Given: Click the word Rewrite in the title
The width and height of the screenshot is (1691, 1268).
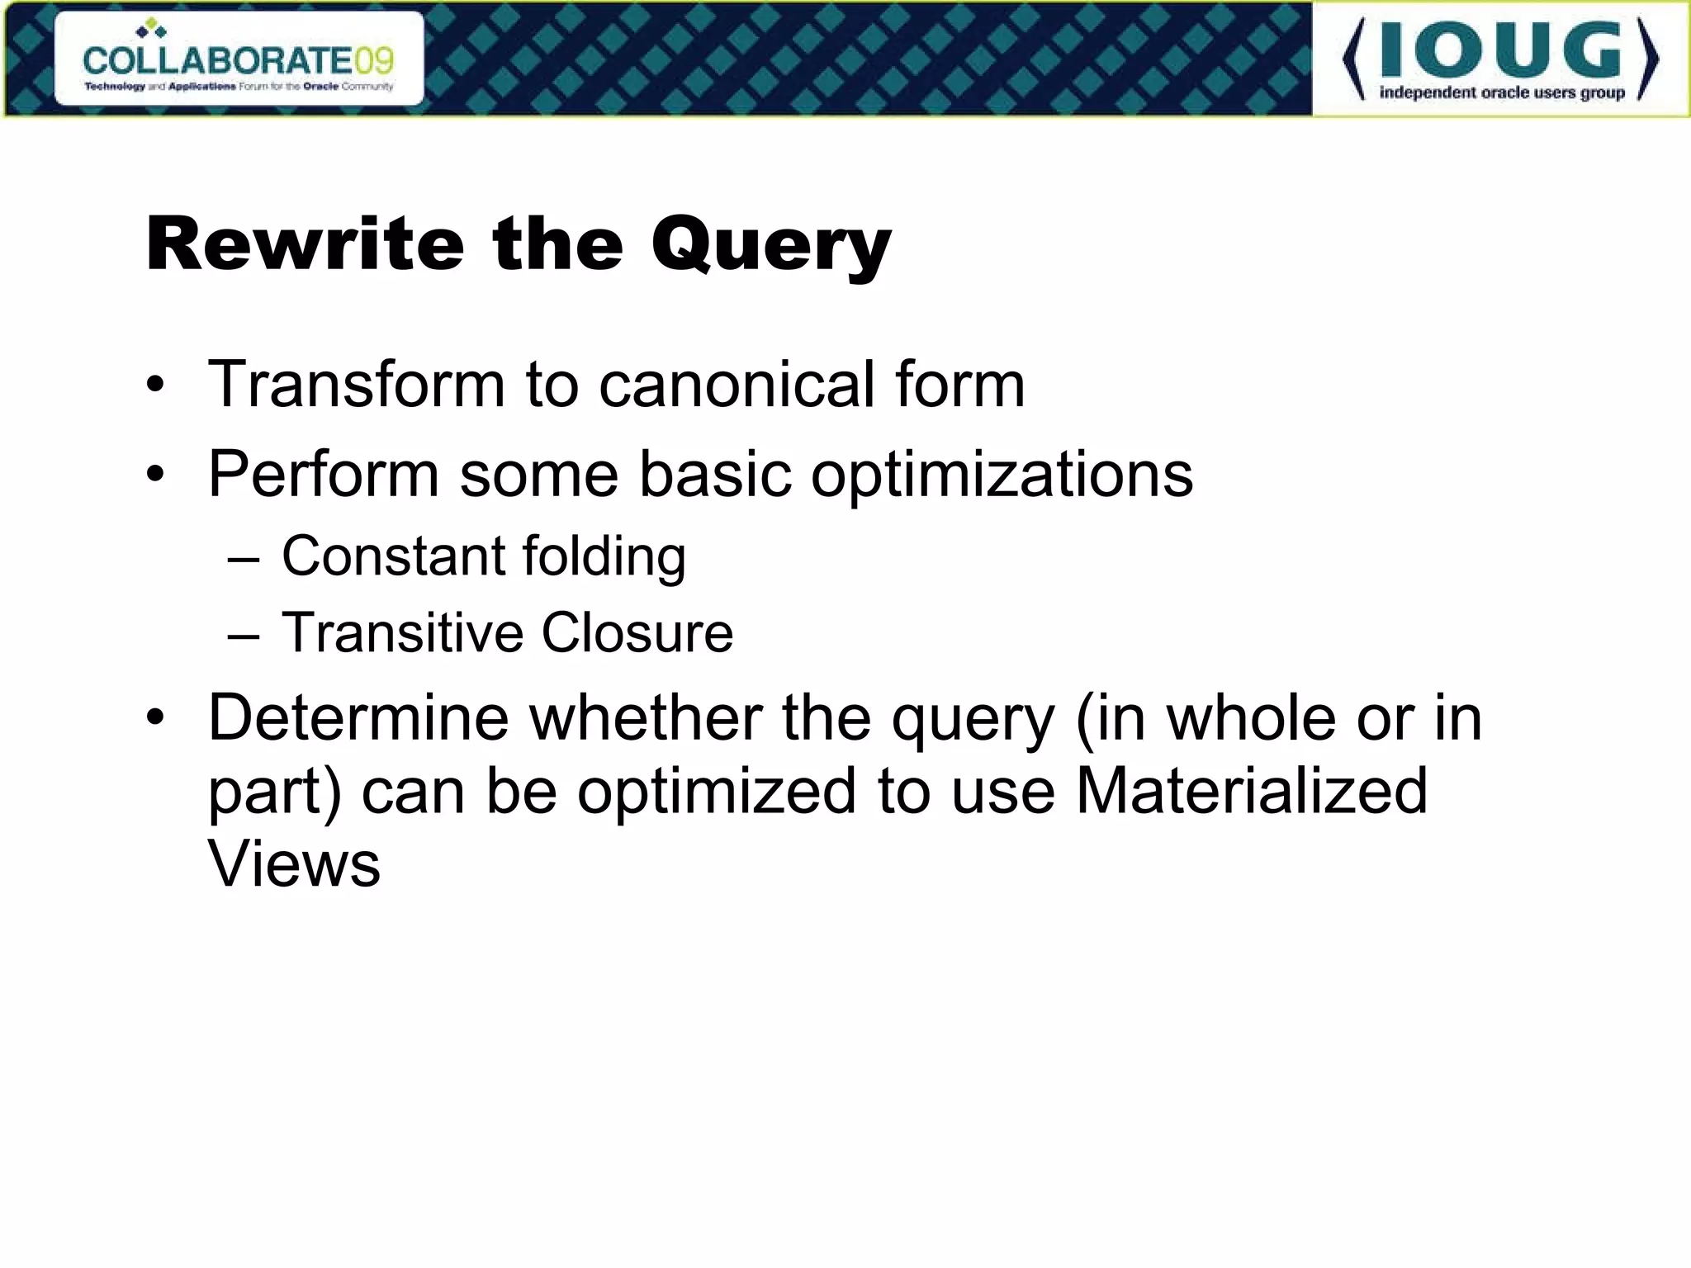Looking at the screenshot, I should point(305,244).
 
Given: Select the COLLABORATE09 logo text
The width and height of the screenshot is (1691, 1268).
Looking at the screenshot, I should point(239,60).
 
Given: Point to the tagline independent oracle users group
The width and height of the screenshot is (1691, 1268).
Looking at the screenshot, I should point(1501,92).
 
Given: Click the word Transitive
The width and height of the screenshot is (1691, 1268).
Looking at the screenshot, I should point(402,632).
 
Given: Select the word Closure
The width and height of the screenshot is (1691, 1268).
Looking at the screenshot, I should point(637,632).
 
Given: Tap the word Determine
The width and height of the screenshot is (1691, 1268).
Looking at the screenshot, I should point(358,717).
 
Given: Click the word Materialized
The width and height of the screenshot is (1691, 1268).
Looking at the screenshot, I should point(1251,791).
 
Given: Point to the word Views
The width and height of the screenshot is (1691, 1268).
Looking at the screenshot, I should point(294,864).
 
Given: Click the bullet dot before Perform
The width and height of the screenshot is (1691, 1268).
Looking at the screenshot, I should point(155,475).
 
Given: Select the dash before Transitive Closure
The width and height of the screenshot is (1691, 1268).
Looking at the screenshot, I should point(244,635).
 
